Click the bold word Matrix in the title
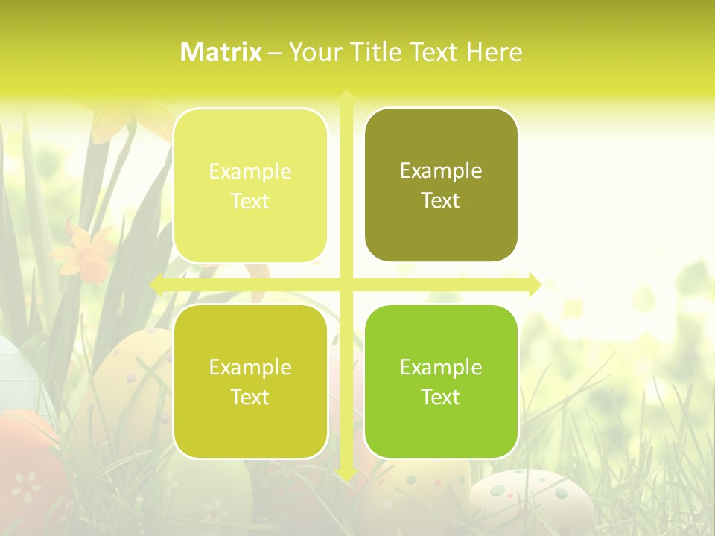[x=221, y=52]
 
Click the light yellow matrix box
[x=250, y=185]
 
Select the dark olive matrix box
[x=441, y=185]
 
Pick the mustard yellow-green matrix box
[x=250, y=381]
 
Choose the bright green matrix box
[x=441, y=381]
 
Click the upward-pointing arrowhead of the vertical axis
[x=346, y=96]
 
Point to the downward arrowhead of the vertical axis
[x=346, y=473]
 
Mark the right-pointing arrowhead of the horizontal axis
[x=535, y=284]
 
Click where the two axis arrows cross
[x=346, y=284]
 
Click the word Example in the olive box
[x=441, y=171]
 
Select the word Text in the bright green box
[x=441, y=397]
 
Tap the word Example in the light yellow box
[x=250, y=172]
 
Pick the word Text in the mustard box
[x=250, y=397]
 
